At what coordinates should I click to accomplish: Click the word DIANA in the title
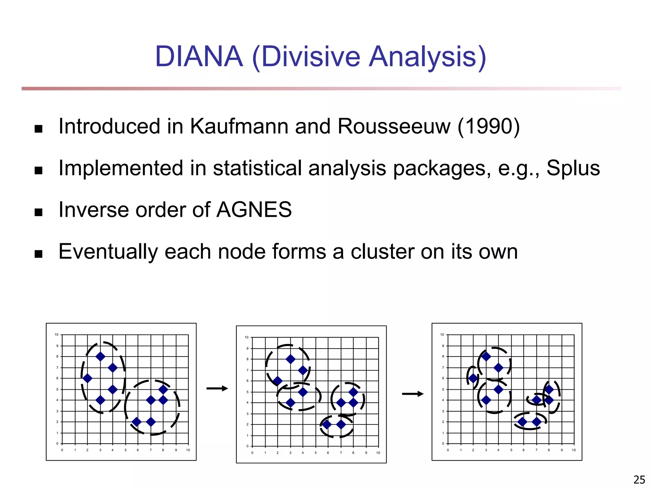pyautogui.click(x=199, y=57)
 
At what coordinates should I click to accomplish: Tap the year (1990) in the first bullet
pyautogui.click(x=488, y=126)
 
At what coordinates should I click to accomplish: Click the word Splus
pyautogui.click(x=573, y=168)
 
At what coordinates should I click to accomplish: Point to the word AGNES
pyautogui.click(x=254, y=210)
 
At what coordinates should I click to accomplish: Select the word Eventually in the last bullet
pyautogui.click(x=108, y=252)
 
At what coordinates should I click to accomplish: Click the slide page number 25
pyautogui.click(x=639, y=479)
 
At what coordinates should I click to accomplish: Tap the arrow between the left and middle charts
pyautogui.click(x=217, y=388)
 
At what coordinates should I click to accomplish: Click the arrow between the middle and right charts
pyautogui.click(x=413, y=394)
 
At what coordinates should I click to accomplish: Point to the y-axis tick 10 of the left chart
pyautogui.click(x=56, y=335)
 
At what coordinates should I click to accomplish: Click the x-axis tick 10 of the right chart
pyautogui.click(x=574, y=450)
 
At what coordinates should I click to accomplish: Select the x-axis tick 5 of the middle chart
pyautogui.click(x=315, y=453)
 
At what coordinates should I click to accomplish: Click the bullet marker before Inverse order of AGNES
pyautogui.click(x=39, y=212)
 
